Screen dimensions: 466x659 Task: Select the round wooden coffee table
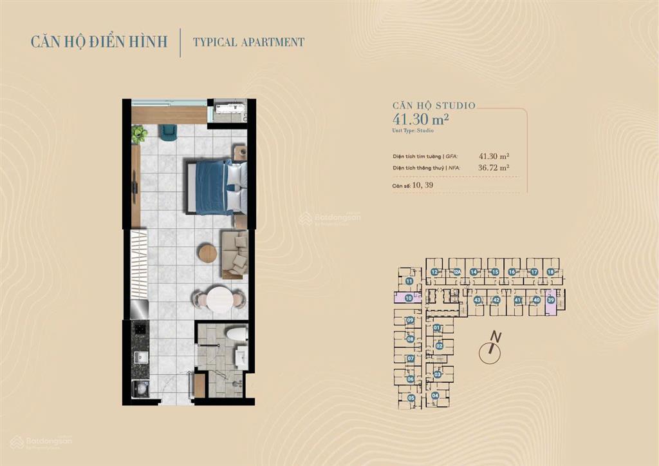point(207,253)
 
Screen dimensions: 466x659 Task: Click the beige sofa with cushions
point(235,253)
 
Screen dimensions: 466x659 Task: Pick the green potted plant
point(139,134)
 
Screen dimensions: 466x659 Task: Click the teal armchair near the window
point(169,132)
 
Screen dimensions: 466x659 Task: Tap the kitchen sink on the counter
point(140,356)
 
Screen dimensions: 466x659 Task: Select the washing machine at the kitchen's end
point(140,389)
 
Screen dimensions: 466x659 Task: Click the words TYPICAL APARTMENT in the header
point(249,43)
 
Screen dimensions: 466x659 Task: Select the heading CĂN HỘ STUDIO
point(434,105)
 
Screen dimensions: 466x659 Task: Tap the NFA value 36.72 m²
point(494,168)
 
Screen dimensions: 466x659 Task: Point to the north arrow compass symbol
point(492,349)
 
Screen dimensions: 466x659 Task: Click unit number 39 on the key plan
point(551,300)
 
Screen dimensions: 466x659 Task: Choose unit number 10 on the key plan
point(409,298)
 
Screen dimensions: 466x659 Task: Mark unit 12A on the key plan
point(456,273)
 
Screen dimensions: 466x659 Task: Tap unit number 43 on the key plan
point(478,300)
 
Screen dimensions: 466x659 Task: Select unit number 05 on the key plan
point(411,398)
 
